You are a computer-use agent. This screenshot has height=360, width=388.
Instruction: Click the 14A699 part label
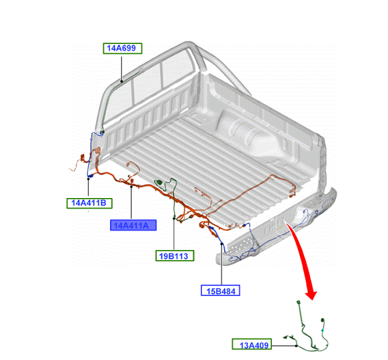click(x=123, y=48)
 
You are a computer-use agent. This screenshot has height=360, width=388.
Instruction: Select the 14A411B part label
click(x=89, y=203)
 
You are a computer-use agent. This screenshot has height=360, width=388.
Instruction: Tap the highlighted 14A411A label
click(x=133, y=225)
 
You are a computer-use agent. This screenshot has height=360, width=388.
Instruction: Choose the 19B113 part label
click(x=175, y=255)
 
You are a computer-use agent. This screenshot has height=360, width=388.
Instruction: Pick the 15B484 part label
click(x=220, y=291)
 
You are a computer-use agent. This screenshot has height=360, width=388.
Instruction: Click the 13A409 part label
click(x=251, y=344)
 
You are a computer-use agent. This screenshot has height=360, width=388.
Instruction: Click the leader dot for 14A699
click(x=122, y=81)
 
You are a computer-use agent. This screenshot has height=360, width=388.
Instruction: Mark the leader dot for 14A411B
click(x=89, y=179)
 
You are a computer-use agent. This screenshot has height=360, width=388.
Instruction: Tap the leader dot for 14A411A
click(x=131, y=187)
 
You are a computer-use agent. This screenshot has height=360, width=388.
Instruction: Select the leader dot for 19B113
click(x=174, y=219)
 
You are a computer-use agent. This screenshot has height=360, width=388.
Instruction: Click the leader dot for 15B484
click(x=222, y=244)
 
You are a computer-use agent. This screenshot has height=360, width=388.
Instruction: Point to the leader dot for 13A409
click(x=296, y=345)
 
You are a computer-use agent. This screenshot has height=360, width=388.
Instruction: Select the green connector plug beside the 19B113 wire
click(x=159, y=183)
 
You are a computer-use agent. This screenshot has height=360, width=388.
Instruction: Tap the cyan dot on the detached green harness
click(x=323, y=330)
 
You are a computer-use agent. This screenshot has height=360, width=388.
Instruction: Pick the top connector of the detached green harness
click(x=298, y=303)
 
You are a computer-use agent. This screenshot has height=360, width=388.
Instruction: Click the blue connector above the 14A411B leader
click(x=90, y=176)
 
